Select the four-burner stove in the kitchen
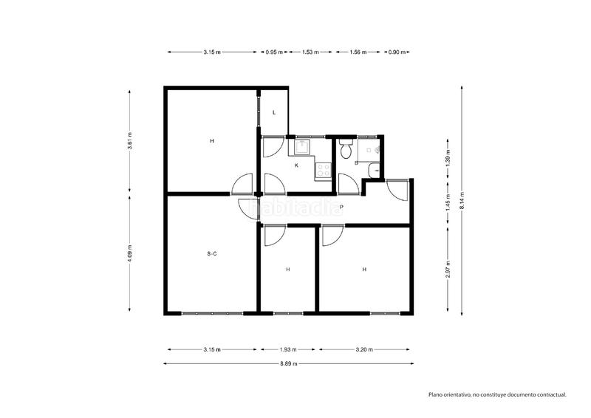(323, 171)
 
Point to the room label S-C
(212, 254)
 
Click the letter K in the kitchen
(296, 165)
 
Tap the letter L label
(274, 113)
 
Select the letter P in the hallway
(341, 207)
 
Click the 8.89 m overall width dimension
(288, 363)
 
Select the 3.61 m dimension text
(130, 145)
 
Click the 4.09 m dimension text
(130, 253)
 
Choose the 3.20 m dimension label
(364, 350)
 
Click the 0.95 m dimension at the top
(275, 52)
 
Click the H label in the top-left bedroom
(212, 140)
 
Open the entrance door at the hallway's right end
(397, 189)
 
